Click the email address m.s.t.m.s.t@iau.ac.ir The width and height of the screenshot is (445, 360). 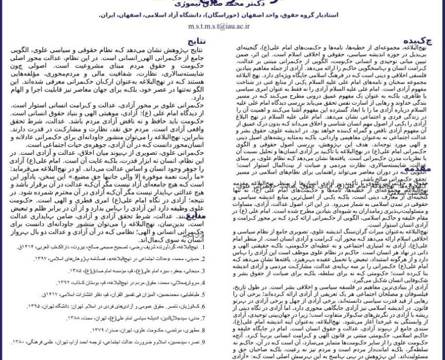tap(219, 26)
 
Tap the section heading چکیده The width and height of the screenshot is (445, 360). tap(417, 41)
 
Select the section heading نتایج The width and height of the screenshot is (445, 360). tap(196, 41)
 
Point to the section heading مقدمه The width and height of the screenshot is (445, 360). tap(417, 169)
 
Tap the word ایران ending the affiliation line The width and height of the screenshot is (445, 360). tap(107, 15)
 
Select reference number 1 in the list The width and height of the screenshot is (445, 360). tap(202, 247)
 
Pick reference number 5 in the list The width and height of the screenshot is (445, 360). tap(202, 295)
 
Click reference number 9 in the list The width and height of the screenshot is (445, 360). tap(202, 342)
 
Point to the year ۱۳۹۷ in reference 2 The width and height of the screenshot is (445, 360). tap(41, 259)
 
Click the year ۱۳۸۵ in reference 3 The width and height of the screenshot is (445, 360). tap(75, 271)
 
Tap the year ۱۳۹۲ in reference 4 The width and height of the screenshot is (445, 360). tap(63, 283)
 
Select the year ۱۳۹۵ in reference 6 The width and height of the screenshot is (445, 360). tap(34, 306)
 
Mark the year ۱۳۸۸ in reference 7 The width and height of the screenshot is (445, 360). tap(73, 318)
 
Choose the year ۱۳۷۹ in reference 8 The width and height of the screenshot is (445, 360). tap(97, 331)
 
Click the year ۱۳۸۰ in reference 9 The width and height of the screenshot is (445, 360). tap(18, 342)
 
